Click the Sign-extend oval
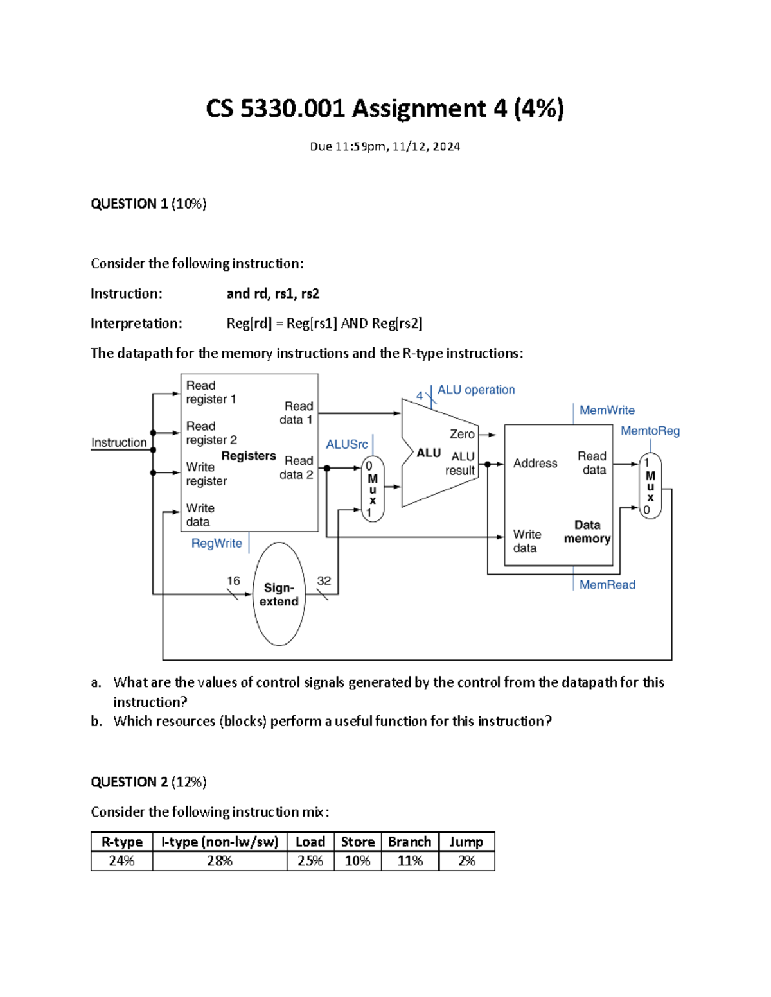279,594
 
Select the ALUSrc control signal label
346,444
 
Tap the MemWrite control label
607,410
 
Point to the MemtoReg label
650,431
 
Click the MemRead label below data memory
607,585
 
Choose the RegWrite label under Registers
217,543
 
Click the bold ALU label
429,453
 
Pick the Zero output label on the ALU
462,435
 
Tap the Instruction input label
119,442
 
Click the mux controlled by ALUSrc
372,489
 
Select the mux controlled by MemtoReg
650,486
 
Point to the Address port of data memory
535,464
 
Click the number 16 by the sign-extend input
233,580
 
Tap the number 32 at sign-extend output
324,580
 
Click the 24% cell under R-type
121,861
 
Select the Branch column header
409,842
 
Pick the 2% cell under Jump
466,861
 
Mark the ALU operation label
476,390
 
